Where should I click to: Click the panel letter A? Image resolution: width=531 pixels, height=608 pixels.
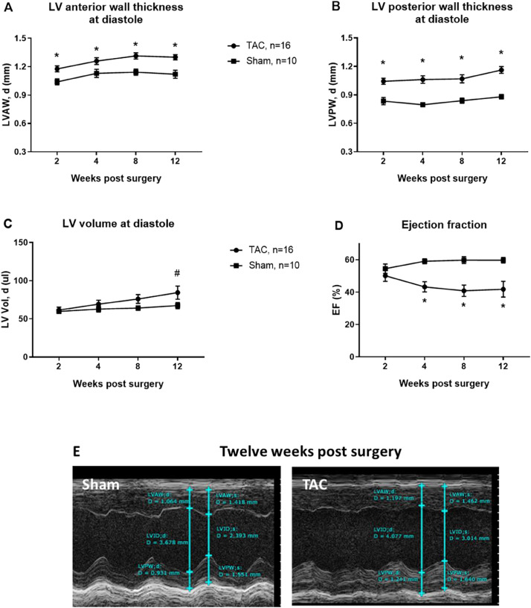click(8, 9)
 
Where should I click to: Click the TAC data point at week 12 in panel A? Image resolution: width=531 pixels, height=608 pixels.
click(175, 57)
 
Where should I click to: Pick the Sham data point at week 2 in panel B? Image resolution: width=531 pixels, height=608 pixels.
click(384, 101)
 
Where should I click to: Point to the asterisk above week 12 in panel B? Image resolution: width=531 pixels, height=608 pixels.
click(501, 53)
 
